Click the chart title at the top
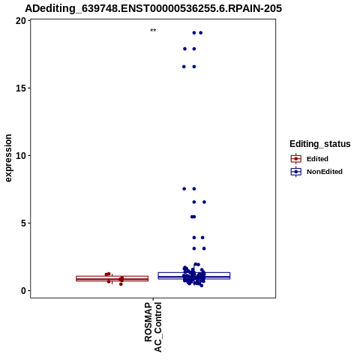[x=153, y=9]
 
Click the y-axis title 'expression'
[x=8, y=158]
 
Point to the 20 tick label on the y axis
[x=21, y=21]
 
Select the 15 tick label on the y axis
[x=21, y=88]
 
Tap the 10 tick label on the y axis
[x=21, y=156]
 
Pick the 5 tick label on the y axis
[x=24, y=223]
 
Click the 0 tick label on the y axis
[x=24, y=290]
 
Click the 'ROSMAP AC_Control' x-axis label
[x=153, y=327]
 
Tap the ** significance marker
[x=153, y=31]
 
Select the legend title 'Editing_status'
[x=320, y=144]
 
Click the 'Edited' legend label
[x=317, y=159]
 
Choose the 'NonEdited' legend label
[x=325, y=172]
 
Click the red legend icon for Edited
[x=296, y=159]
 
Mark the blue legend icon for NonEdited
[x=296, y=172]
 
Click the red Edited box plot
[x=112, y=278]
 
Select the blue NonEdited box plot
[x=194, y=276]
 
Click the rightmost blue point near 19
[x=200, y=33]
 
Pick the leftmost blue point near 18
[x=184, y=49]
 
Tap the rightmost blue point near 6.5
[x=204, y=202]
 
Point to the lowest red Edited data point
[x=121, y=284]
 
